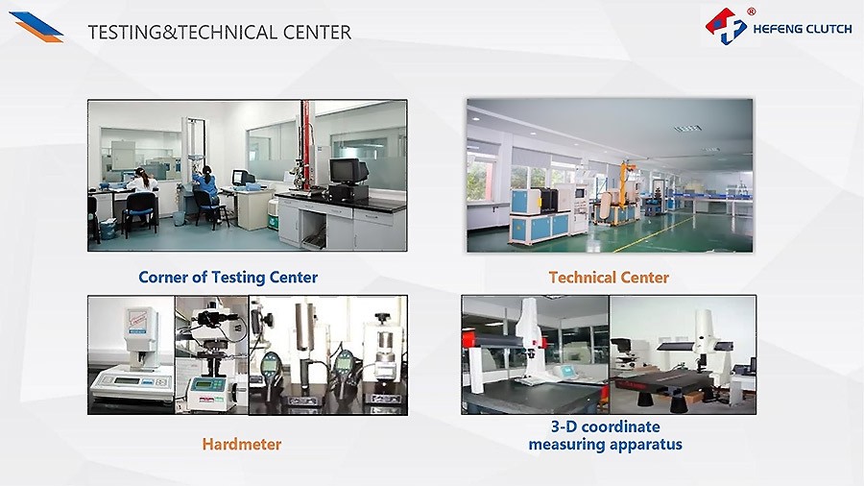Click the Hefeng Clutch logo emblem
726,26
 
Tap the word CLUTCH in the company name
828,29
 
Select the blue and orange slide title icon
36,27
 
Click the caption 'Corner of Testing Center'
228,278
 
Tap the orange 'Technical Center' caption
609,278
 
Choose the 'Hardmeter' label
242,444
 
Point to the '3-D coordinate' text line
605,426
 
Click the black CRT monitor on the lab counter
348,172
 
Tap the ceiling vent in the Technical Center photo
687,129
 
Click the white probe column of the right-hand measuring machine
703,335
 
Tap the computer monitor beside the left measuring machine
568,371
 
